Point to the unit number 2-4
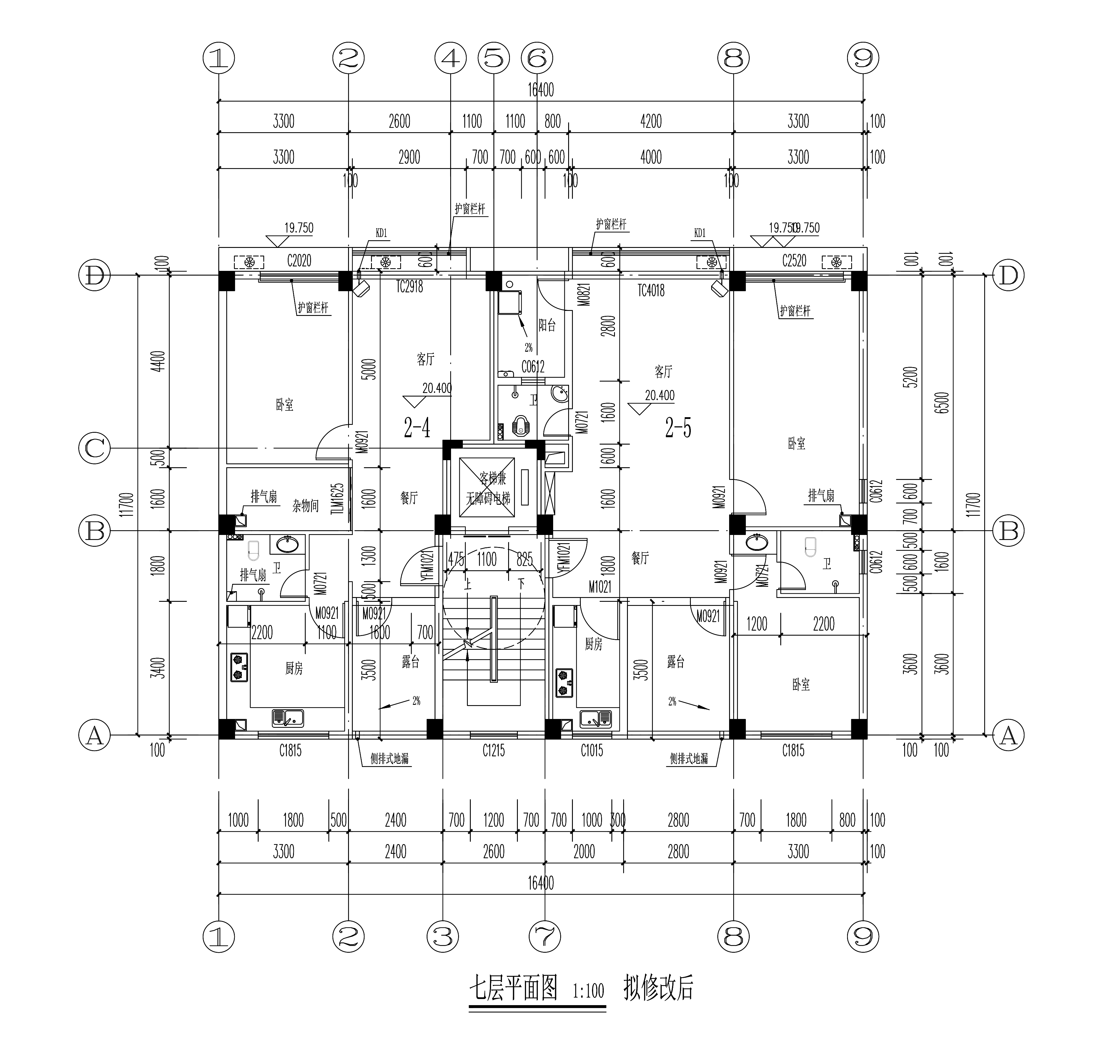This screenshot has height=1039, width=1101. pyautogui.click(x=417, y=428)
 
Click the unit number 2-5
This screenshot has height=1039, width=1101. pyautogui.click(x=678, y=428)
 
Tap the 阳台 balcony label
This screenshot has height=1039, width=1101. pyautogui.click(x=547, y=325)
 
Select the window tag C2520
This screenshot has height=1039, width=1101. pyautogui.click(x=794, y=261)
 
